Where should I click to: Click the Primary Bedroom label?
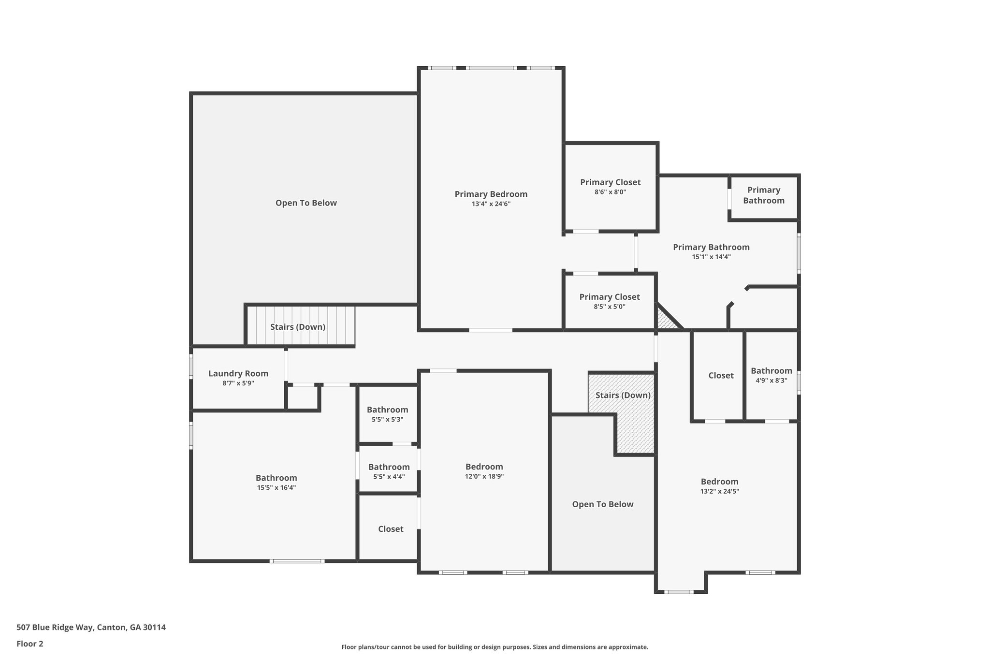(491, 194)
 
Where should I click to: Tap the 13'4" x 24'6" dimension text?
(491, 204)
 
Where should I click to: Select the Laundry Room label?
(238, 373)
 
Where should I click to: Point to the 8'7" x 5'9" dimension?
(238, 383)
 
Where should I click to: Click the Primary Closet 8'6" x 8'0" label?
(610, 182)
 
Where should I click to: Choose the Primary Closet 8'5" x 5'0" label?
(609, 297)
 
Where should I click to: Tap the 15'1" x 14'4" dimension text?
(711, 257)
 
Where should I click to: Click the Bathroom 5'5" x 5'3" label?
(387, 410)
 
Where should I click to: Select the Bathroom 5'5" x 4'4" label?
(389, 467)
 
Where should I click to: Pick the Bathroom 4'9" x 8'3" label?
(771, 371)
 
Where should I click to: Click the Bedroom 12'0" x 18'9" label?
(484, 467)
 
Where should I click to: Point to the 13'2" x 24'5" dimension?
(719, 491)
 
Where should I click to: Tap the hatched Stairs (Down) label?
(623, 395)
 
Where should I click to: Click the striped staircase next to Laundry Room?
(300, 326)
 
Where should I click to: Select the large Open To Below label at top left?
(306, 203)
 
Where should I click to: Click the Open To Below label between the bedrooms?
(602, 504)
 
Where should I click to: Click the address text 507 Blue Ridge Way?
(91, 628)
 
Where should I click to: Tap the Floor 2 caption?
(30, 644)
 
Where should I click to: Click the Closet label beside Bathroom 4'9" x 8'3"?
(721, 375)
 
